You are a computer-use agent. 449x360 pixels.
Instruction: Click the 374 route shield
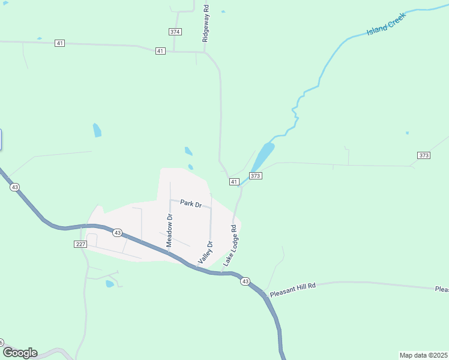pos(175,31)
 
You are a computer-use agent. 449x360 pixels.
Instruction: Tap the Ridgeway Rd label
pos(206,23)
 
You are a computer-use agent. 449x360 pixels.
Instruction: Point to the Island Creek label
pos(386,24)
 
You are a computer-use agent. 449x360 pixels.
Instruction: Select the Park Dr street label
pos(190,204)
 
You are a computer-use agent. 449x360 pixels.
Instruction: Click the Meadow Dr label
pos(169,230)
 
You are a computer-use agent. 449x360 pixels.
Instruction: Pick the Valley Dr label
pos(206,251)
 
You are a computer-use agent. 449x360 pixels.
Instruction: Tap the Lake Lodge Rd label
pos(231,245)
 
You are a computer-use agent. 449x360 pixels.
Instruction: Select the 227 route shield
pos(81,244)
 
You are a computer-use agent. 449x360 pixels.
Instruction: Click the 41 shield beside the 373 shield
pos(234,181)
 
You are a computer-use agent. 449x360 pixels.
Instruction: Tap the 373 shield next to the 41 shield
pos(256,176)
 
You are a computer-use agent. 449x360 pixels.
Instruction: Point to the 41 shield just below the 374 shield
pos(160,51)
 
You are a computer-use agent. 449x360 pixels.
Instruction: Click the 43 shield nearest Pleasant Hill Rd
pos(245,281)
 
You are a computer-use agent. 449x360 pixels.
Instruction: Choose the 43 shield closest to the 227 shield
pos(117,233)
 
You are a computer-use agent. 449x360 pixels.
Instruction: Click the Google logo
pos(20,352)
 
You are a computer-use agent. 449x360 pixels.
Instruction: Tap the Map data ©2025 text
pos(424,355)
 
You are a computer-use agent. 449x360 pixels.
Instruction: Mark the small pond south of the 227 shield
pos(110,284)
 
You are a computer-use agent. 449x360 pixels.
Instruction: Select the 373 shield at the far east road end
pos(423,155)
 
